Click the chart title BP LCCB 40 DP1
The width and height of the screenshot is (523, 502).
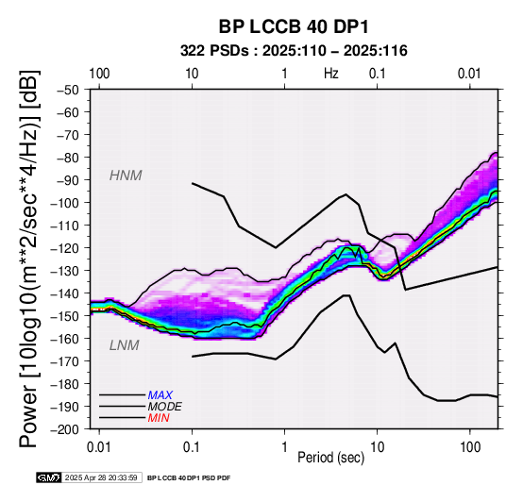coord(294,26)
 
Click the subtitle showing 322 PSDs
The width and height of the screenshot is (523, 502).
coord(294,51)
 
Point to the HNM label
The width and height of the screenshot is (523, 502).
coord(126,176)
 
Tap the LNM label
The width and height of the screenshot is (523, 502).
coord(124,345)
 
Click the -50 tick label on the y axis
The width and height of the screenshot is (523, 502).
coord(68,90)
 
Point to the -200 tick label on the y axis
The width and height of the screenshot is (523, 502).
coord(65,429)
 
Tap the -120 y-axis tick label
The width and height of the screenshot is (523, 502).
coord(65,248)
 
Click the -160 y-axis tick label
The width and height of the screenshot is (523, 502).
coord(65,339)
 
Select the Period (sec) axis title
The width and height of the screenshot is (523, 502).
coord(330,458)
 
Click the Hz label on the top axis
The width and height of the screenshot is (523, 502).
coord(331,74)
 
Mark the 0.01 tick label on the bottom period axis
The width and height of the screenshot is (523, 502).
coord(99,447)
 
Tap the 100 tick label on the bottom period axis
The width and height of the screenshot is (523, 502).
coord(470,447)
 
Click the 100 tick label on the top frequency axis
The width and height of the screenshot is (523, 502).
coord(99,74)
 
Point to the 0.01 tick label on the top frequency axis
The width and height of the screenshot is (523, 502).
coord(470,74)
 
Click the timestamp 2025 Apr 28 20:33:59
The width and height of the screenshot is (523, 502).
coord(101,478)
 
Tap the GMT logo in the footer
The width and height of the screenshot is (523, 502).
coord(49,477)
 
